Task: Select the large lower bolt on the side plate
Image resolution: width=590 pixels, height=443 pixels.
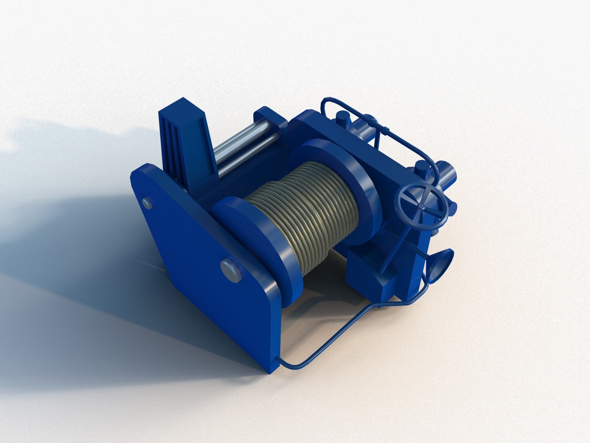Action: (x=230, y=270)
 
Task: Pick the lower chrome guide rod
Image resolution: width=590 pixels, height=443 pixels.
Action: (x=246, y=154)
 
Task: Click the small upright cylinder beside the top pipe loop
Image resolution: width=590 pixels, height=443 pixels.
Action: (x=343, y=119)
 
